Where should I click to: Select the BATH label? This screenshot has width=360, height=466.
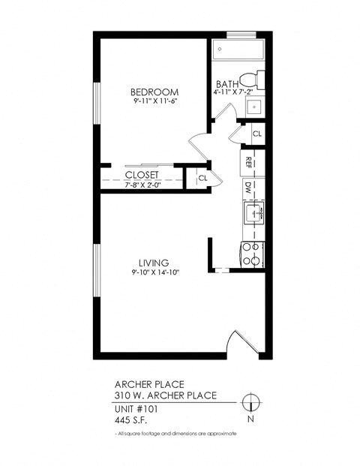click(227, 84)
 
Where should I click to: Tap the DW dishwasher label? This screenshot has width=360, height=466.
click(247, 185)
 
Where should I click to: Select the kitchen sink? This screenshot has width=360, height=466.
click(253, 213)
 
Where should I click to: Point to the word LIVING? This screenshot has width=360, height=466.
click(153, 263)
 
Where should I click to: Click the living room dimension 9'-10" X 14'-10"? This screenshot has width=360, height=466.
click(153, 273)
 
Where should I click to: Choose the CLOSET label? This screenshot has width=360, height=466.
click(142, 174)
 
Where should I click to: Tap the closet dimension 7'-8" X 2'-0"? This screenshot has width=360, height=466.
click(142, 182)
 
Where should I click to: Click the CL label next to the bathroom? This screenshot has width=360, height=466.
click(256, 134)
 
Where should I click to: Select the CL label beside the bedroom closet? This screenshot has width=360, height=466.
click(202, 178)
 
